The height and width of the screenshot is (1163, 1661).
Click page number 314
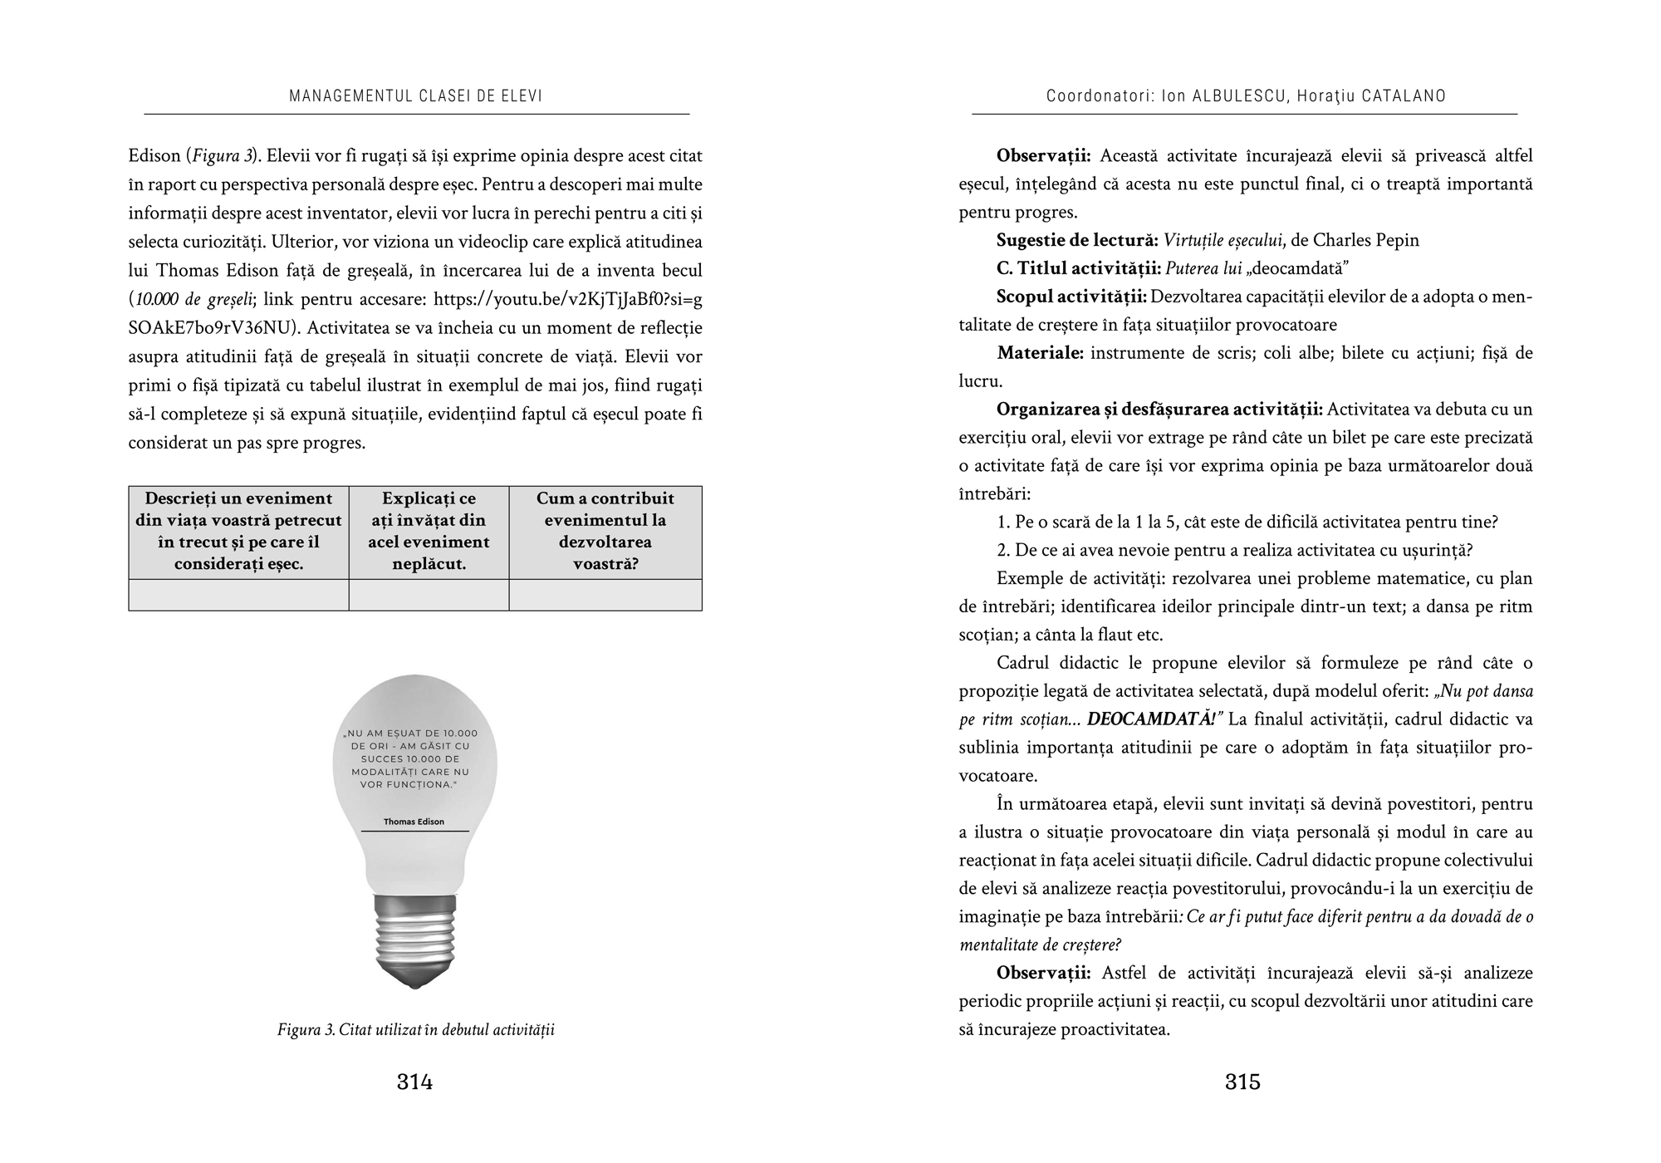414,1082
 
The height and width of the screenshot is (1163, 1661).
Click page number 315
1242,1082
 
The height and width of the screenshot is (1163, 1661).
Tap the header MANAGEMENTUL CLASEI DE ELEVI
415,96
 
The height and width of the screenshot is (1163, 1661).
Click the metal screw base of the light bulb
414,939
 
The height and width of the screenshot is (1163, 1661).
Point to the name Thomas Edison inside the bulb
414,822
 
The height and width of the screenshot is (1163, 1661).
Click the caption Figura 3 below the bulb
415,1030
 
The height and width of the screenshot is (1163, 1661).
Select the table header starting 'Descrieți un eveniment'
238,532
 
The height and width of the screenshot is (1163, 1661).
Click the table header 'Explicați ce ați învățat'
429,532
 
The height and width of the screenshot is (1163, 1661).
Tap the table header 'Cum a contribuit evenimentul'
605,532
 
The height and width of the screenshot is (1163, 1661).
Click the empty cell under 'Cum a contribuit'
605,595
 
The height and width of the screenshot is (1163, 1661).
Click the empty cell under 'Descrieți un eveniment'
238,595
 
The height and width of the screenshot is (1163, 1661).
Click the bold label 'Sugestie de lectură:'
1077,241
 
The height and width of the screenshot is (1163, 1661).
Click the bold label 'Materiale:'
1040,353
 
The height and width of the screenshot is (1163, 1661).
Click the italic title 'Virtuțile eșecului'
1222,241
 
